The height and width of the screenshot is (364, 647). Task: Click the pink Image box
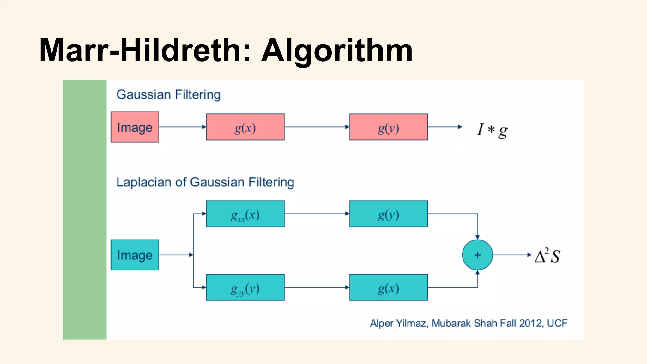(135, 127)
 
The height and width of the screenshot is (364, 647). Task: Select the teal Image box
(135, 255)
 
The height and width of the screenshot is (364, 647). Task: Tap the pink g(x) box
(245, 127)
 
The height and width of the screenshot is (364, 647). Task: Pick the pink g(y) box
(388, 127)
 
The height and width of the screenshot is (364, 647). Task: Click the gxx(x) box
(245, 214)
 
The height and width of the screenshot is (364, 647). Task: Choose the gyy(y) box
(245, 288)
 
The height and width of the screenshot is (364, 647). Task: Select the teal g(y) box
(388, 214)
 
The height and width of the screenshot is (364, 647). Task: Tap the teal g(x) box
(388, 288)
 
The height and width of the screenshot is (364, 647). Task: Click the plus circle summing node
(477, 255)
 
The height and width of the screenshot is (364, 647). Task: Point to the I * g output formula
(492, 130)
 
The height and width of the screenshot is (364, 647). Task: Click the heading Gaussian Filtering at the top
(168, 94)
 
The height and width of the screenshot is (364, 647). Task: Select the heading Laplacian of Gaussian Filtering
(205, 182)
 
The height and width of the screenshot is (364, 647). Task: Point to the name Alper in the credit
(382, 323)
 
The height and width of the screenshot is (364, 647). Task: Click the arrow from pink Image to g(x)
(182, 127)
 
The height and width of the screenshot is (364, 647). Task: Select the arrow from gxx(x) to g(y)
(317, 214)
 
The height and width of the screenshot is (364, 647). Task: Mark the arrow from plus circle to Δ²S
(512, 255)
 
